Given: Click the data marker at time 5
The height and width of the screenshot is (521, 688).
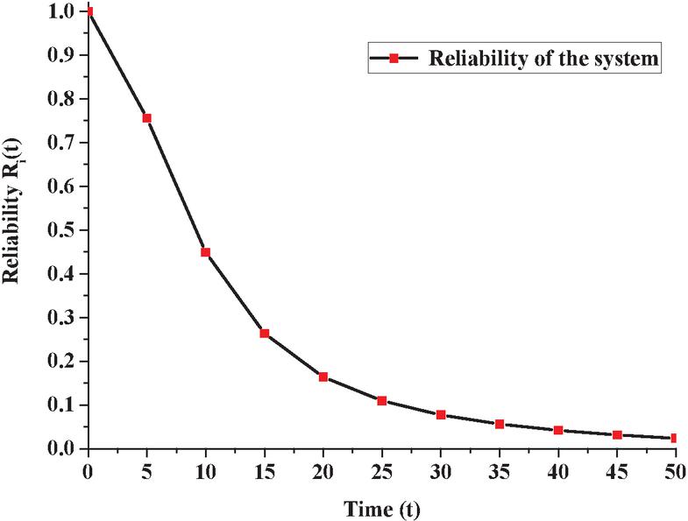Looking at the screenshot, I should [146, 118].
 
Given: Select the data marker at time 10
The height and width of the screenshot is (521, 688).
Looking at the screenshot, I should [205, 252].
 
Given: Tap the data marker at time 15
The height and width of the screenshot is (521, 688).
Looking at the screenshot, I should [264, 334].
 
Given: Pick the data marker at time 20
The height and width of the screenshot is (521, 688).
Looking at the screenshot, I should [323, 377].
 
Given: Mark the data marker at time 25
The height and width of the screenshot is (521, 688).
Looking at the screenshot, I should [381, 401].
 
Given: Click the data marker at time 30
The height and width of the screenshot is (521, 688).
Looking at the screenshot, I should [440, 415].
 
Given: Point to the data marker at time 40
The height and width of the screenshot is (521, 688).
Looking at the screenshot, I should [557, 431].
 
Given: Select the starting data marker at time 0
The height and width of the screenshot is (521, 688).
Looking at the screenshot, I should [88, 11].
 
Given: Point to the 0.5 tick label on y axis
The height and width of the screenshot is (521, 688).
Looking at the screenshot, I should [63, 230].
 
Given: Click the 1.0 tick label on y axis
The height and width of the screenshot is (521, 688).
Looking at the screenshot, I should [63, 11].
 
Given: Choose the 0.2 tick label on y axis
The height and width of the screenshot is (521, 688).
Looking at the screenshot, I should [63, 362].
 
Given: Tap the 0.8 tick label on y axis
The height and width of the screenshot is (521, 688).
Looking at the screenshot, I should [63, 99].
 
